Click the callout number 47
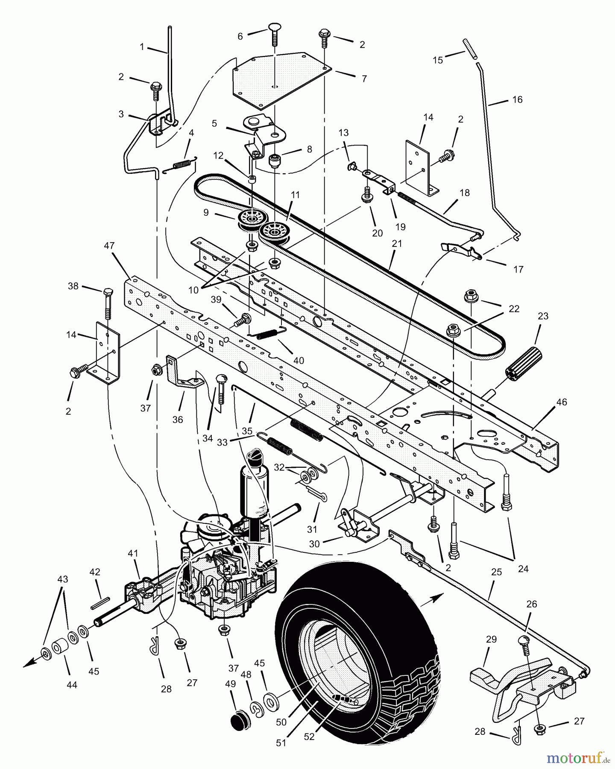pyautogui.click(x=109, y=246)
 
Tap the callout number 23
pyautogui.click(x=543, y=316)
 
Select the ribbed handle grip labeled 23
pyautogui.click(x=521, y=362)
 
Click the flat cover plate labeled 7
pyautogui.click(x=280, y=79)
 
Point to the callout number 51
pyautogui.click(x=281, y=743)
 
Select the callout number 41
pyautogui.click(x=133, y=554)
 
